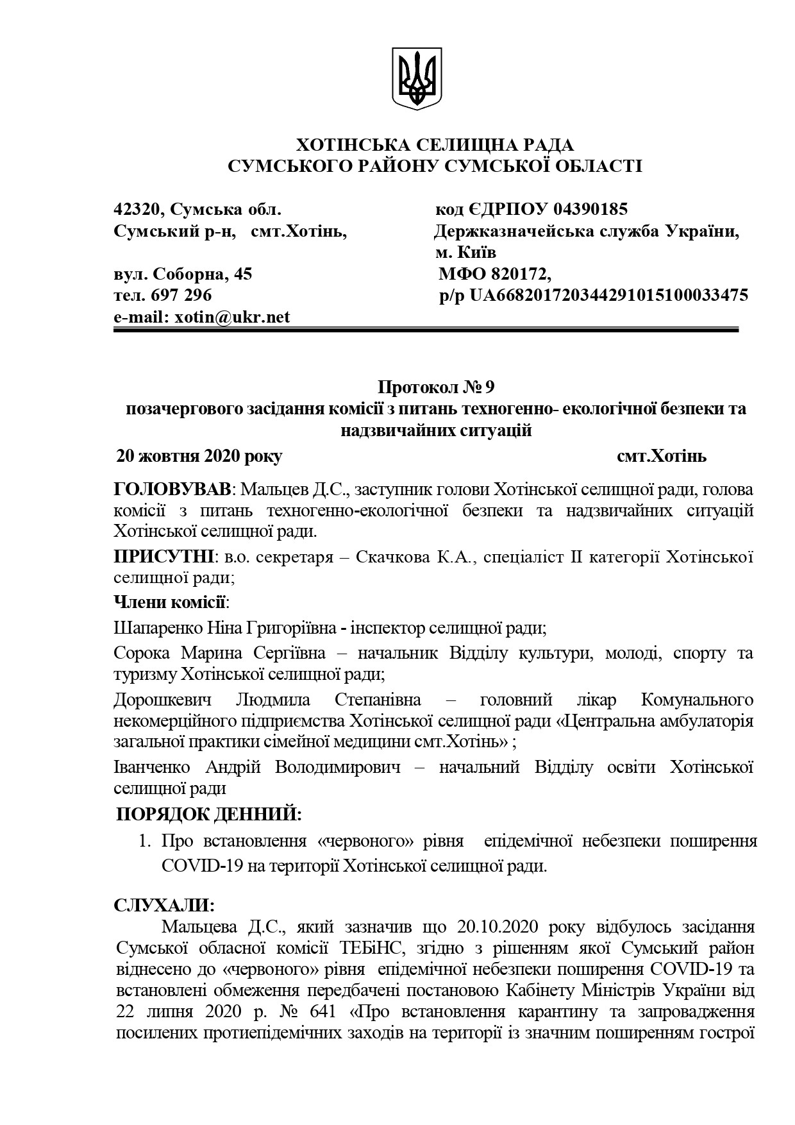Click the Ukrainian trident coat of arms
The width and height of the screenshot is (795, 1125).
click(417, 78)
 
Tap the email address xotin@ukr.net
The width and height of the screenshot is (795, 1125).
click(231, 317)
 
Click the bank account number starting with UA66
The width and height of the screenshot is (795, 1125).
click(608, 296)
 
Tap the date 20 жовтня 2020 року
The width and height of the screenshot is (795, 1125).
click(199, 457)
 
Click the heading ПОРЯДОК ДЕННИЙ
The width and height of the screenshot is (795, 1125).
click(208, 815)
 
